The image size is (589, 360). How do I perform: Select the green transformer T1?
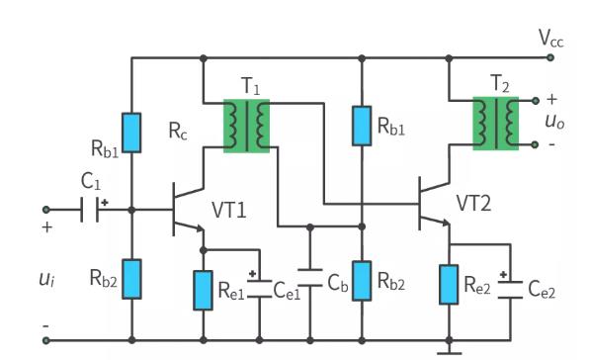[x=246, y=124]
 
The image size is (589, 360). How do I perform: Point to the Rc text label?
[x=178, y=133]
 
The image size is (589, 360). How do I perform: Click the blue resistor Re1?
[x=204, y=287]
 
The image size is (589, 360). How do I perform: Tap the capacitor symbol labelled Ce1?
[x=259, y=287]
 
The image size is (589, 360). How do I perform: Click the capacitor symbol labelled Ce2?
[x=509, y=287]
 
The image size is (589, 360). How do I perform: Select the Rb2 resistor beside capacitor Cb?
[x=361, y=281]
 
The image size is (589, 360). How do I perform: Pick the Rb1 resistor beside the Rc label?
[x=132, y=133]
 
